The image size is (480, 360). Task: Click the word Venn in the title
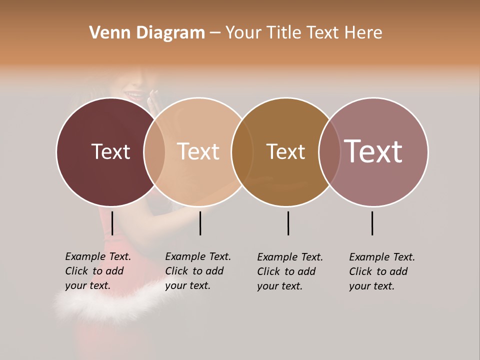coord(104,33)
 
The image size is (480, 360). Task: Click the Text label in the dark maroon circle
coord(110,151)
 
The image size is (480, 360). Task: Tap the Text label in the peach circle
coord(198,151)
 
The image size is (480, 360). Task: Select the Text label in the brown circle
coord(285,151)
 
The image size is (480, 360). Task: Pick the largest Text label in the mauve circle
coord(373,151)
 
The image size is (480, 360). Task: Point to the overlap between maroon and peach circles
coord(154,151)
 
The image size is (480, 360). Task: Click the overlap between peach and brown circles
coord(242,151)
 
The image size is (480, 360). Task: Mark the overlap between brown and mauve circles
coord(329,151)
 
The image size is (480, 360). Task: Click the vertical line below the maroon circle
coord(112,223)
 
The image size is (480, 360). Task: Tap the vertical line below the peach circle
coord(200,223)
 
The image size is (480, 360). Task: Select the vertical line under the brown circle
coord(288,223)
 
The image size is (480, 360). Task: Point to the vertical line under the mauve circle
coord(372,223)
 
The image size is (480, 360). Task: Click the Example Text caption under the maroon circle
coord(97,271)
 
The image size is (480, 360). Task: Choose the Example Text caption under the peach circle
coord(197,271)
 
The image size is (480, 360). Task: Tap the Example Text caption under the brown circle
coord(289,271)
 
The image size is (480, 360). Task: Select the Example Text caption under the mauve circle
coord(381,271)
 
